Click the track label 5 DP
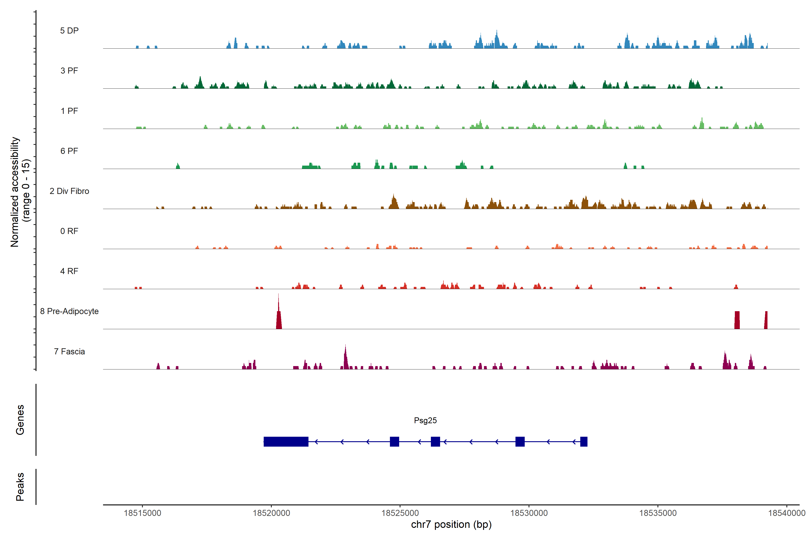(x=69, y=31)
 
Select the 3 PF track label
(x=69, y=71)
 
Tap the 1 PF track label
(x=69, y=111)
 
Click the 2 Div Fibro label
(x=69, y=191)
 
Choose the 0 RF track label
(x=69, y=231)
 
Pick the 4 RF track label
(x=69, y=271)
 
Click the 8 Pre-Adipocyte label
(x=69, y=311)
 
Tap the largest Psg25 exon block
(x=286, y=441)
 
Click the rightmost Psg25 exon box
(x=584, y=441)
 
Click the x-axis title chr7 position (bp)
(x=451, y=524)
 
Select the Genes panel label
(x=20, y=420)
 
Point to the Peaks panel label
(x=20, y=487)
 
